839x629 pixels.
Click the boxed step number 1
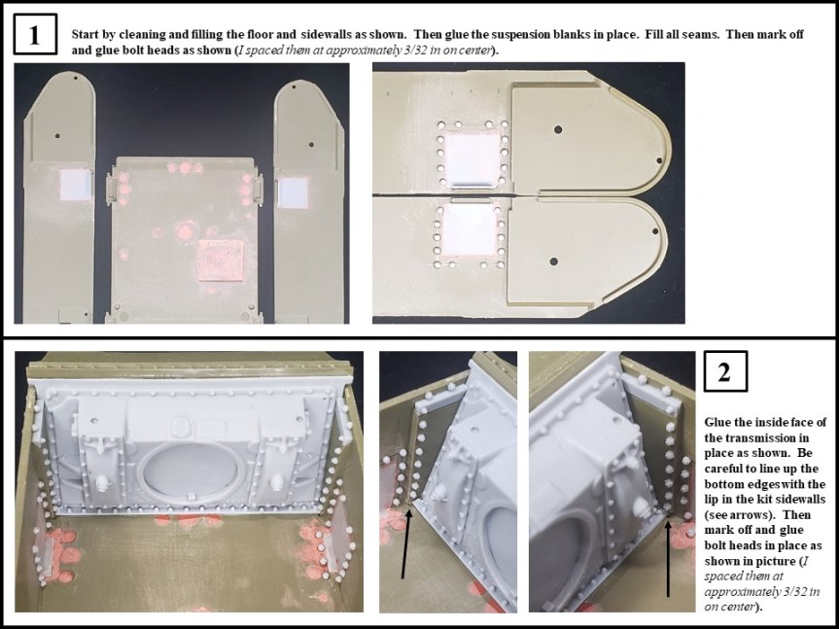(35, 34)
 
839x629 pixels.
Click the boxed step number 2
(725, 371)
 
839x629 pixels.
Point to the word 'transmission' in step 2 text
(738, 438)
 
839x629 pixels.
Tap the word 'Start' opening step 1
(85, 34)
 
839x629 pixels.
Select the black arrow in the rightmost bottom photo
(668, 559)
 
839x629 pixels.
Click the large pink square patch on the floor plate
(221, 261)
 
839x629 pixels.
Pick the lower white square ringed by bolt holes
(470, 230)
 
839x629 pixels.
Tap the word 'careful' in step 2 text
(722, 469)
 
